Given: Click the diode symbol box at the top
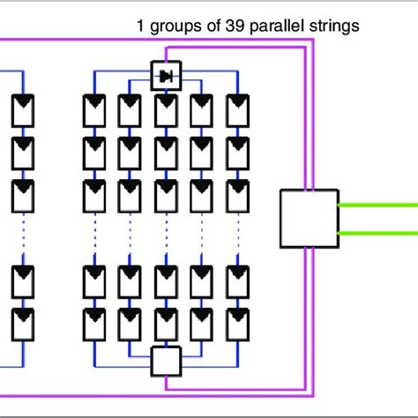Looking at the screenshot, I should [x=166, y=76].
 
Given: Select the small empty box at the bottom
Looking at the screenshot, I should [x=166, y=360].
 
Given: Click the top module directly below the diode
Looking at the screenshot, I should [x=166, y=109].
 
